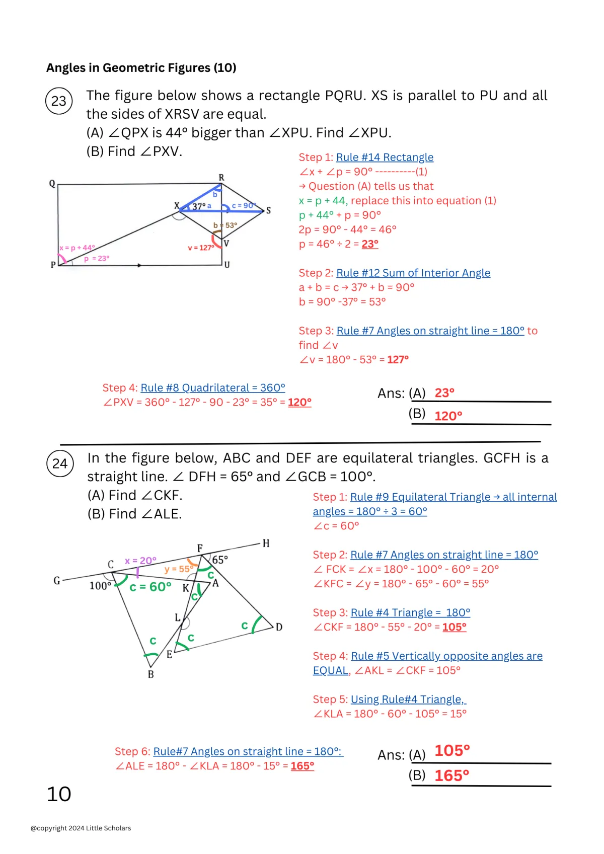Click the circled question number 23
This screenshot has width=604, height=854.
point(59,101)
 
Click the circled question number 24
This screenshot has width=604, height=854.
point(60,463)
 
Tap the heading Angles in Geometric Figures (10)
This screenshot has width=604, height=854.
point(141,68)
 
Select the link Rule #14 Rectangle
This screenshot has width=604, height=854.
point(385,158)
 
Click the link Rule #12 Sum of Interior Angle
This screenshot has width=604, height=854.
point(413,273)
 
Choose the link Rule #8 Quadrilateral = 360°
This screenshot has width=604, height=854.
point(213,388)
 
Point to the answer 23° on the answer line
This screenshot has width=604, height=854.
point(444,393)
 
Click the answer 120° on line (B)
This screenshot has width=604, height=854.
point(448,416)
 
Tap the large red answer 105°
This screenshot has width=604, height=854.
point(452,751)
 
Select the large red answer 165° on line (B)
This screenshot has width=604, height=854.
point(451,775)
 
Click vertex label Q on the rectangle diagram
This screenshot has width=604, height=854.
point(52,184)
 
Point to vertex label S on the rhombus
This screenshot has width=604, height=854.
point(269,210)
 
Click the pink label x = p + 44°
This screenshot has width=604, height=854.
point(77,248)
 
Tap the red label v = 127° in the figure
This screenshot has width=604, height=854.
point(201,248)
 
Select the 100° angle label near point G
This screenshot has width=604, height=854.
point(100,586)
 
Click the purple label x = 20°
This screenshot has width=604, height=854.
point(140,561)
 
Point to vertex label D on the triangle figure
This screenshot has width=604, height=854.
point(279,627)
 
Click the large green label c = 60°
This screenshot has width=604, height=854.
point(150,587)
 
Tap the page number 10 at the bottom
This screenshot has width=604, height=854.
point(59,794)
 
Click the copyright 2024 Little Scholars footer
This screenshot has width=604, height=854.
point(81,828)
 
